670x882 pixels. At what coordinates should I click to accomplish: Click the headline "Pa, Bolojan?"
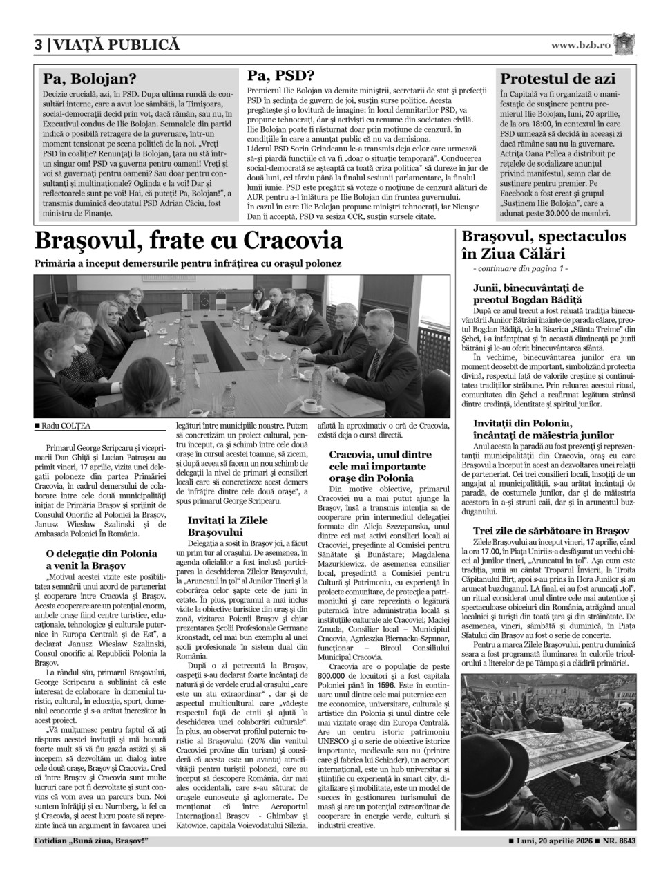(x=90, y=78)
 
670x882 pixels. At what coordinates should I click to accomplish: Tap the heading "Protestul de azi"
(x=557, y=78)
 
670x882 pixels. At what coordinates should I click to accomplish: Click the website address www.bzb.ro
(x=581, y=44)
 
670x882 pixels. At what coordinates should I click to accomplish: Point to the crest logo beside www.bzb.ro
(x=624, y=44)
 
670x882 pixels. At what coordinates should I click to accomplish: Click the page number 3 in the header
(x=39, y=45)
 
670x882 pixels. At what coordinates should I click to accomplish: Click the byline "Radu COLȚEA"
(x=65, y=426)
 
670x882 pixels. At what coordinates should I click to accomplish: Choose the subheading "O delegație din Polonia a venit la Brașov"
(x=102, y=559)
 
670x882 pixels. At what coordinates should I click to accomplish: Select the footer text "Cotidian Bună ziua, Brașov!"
(x=91, y=841)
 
